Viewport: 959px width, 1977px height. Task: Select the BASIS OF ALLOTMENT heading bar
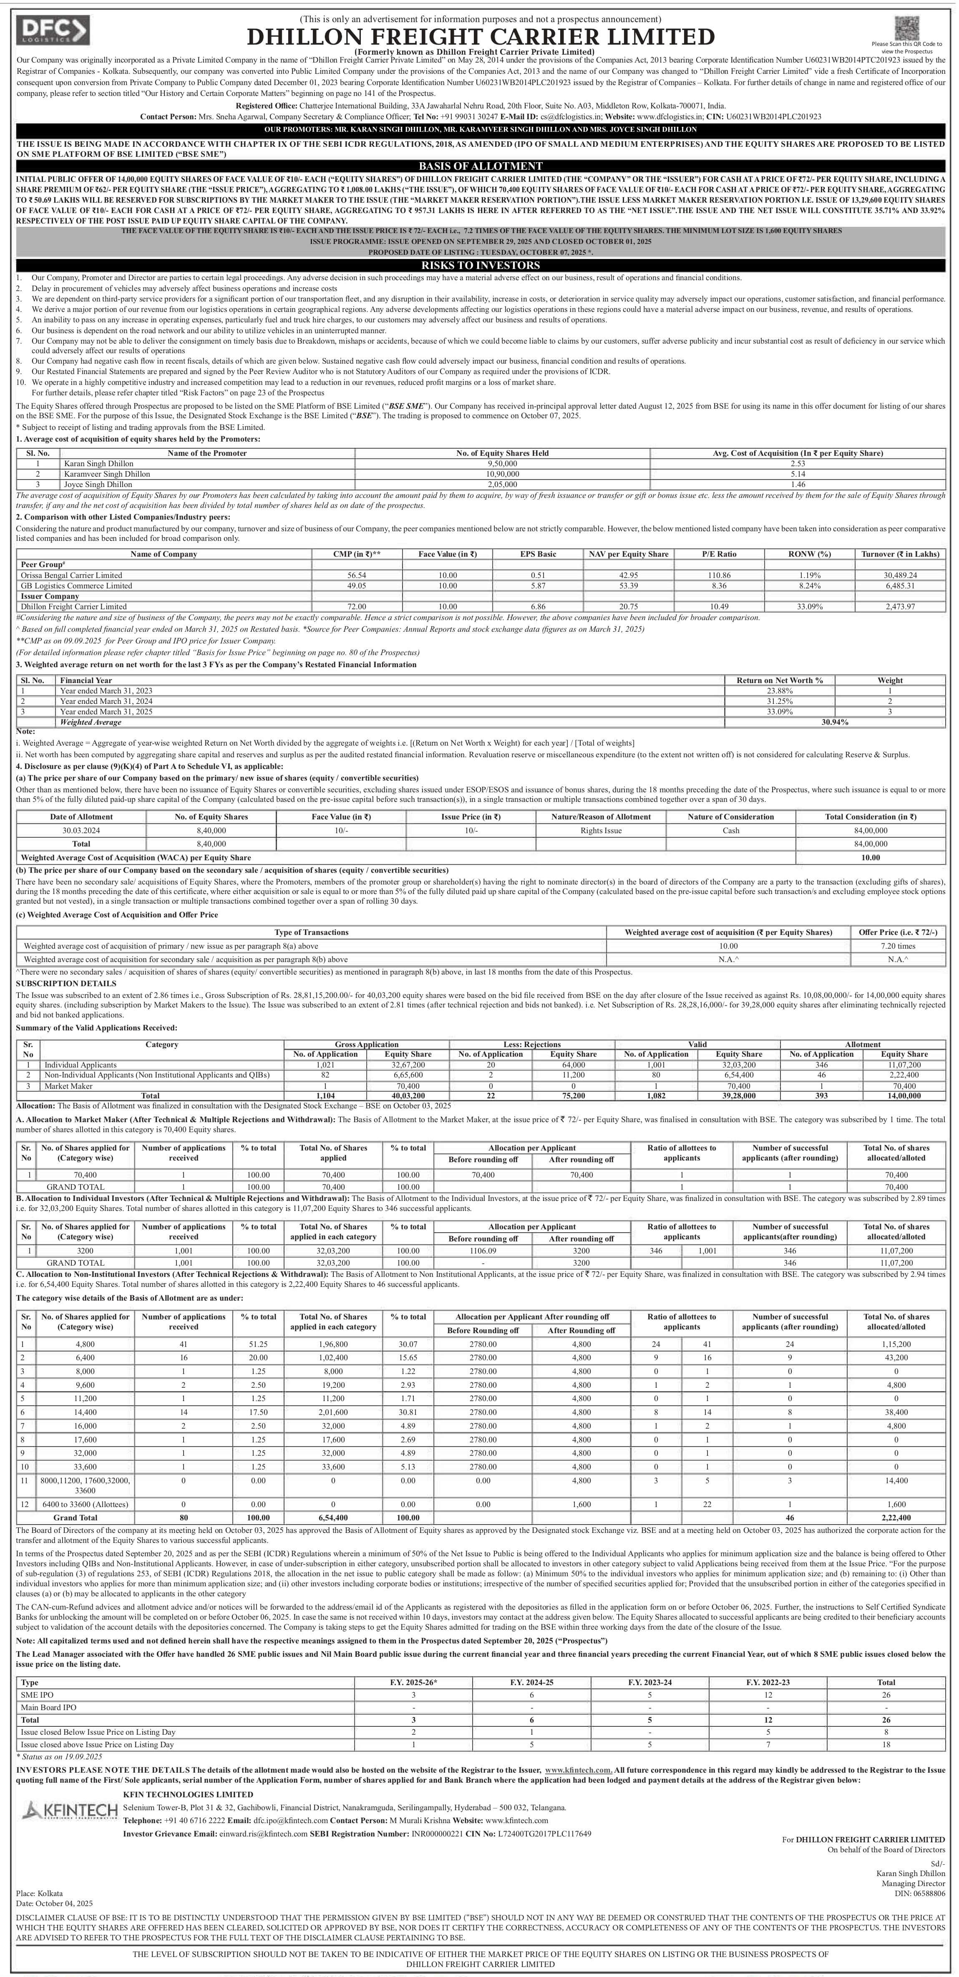480,166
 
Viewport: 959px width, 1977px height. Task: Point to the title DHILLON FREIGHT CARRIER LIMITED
480,37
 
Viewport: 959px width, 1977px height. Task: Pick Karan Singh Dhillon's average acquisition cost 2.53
797,464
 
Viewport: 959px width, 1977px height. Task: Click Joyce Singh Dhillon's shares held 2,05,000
502,484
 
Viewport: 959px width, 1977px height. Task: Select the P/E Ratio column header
719,554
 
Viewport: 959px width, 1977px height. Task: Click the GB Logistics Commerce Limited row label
76,585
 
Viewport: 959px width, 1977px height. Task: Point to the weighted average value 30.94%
835,722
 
